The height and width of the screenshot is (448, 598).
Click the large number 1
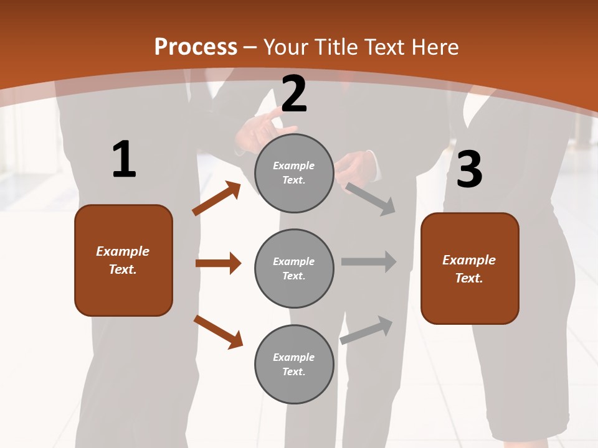(124, 159)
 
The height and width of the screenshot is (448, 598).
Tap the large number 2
(294, 94)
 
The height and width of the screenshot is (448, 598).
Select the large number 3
(470, 170)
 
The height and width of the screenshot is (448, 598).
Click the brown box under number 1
(123, 260)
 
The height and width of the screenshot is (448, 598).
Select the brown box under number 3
(470, 268)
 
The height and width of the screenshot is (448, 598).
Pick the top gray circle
(294, 173)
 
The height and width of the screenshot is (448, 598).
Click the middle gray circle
(294, 268)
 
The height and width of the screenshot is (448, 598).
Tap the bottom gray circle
(294, 364)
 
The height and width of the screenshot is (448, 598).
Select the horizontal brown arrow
(218, 263)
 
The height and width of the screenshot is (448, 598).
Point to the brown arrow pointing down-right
(218, 332)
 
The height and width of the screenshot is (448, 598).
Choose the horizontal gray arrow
(369, 261)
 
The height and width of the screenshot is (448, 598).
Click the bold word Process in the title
(196, 47)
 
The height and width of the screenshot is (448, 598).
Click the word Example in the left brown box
(123, 251)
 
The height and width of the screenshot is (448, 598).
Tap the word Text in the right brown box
(468, 278)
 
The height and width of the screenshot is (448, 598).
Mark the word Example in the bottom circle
(294, 357)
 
